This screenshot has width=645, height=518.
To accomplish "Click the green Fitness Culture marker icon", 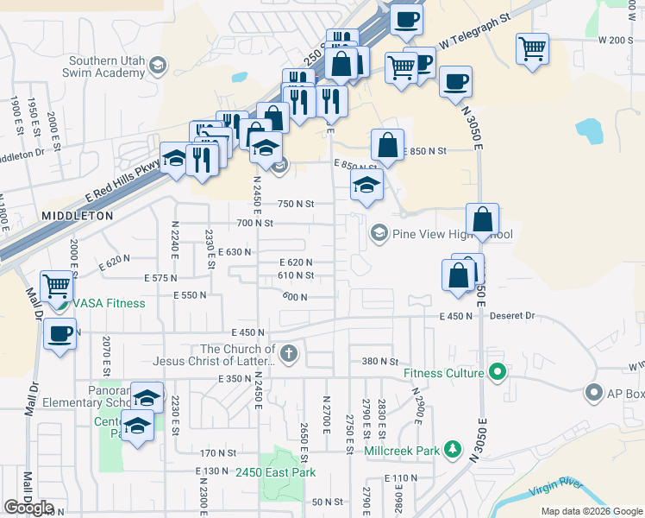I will [497, 373].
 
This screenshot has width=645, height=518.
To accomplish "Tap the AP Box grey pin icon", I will [593, 394].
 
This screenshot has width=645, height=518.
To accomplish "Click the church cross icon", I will [289, 352].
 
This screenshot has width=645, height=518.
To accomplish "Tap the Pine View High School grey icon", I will [379, 233].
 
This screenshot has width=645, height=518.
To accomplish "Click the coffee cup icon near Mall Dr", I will [59, 333].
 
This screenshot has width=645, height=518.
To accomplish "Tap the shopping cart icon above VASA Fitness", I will [56, 284].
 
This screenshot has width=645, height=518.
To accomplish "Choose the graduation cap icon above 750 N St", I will [366, 184].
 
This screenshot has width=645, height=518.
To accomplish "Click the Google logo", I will [28, 509].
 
